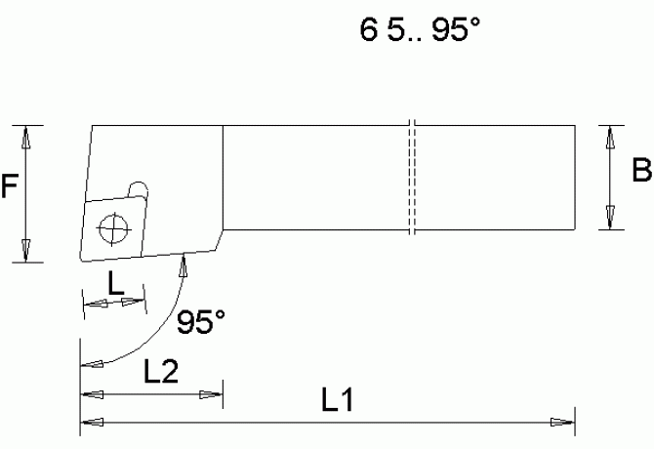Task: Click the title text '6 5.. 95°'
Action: [420, 31]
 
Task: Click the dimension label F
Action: [10, 185]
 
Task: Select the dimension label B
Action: [640, 172]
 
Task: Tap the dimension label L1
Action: [337, 400]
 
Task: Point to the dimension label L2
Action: [160, 370]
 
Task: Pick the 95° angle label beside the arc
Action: [202, 321]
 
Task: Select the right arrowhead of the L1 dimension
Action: [563, 423]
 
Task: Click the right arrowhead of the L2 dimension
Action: [211, 395]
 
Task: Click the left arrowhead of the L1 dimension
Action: [91, 423]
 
